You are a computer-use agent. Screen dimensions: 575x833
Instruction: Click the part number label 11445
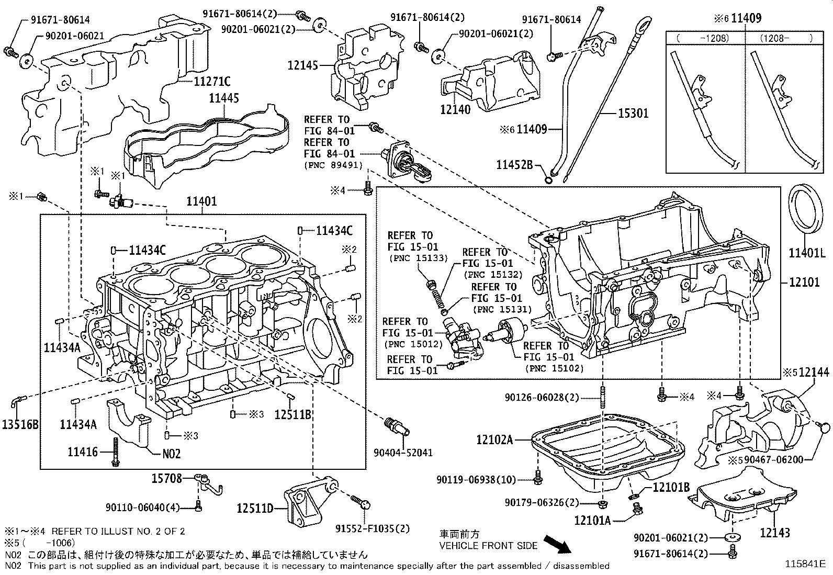pos(224,98)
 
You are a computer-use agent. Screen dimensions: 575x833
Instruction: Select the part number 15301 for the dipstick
pos(633,114)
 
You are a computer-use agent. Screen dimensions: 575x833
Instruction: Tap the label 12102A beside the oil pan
pos(494,439)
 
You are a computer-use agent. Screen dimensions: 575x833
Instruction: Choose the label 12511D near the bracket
pos(255,508)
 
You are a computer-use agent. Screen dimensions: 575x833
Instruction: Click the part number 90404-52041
pos(403,452)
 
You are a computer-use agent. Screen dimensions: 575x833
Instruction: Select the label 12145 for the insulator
pos(303,65)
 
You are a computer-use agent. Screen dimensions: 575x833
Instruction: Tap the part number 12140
pos(455,109)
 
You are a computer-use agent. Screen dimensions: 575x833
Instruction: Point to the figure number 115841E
pos(804,564)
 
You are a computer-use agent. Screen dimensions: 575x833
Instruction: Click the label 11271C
pos(212,81)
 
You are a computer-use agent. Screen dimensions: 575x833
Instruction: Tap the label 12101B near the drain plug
pos(670,488)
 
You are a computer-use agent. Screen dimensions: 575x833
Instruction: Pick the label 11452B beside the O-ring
pos(514,165)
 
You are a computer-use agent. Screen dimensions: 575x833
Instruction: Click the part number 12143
pos(775,533)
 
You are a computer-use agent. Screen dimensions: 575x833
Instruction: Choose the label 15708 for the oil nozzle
pos(166,478)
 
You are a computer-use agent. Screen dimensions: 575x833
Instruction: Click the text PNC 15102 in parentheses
pos(554,368)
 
